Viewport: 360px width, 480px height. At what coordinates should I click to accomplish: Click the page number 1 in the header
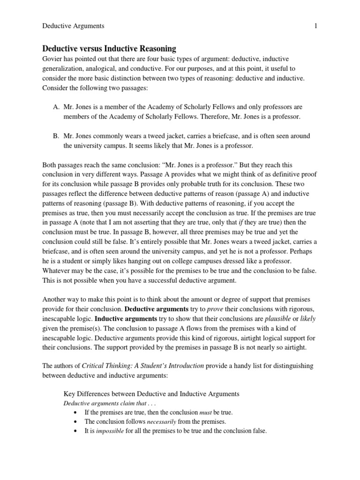[x=316, y=26]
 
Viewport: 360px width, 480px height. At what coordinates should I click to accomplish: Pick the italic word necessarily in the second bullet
[x=162, y=422]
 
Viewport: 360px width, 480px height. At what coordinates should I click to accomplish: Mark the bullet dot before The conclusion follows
[x=76, y=422]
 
